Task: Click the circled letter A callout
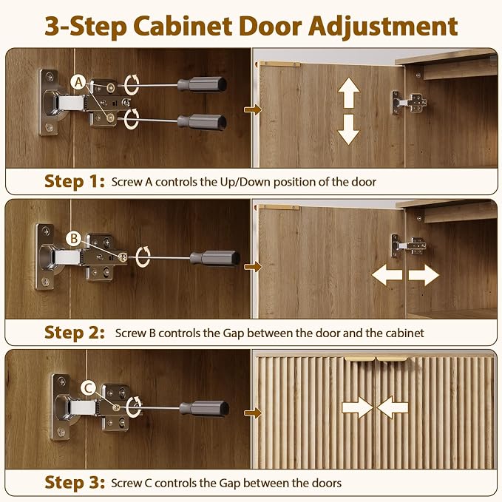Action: point(78,83)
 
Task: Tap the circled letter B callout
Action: point(74,239)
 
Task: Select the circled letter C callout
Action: point(89,388)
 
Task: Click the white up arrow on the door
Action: point(349,93)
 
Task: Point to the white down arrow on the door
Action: point(349,129)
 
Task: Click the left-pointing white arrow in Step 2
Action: point(387,275)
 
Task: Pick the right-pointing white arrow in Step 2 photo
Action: point(424,275)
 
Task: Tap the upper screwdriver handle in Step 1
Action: point(202,84)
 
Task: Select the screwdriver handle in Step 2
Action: point(215,258)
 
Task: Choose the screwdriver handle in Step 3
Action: point(204,409)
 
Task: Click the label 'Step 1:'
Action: point(75,181)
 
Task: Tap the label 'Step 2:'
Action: point(75,332)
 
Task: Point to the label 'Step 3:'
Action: point(75,482)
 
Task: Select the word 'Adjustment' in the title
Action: point(382,27)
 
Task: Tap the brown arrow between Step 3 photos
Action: point(253,413)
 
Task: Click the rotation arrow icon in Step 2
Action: point(143,257)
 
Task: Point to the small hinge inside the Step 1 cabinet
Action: point(410,103)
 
